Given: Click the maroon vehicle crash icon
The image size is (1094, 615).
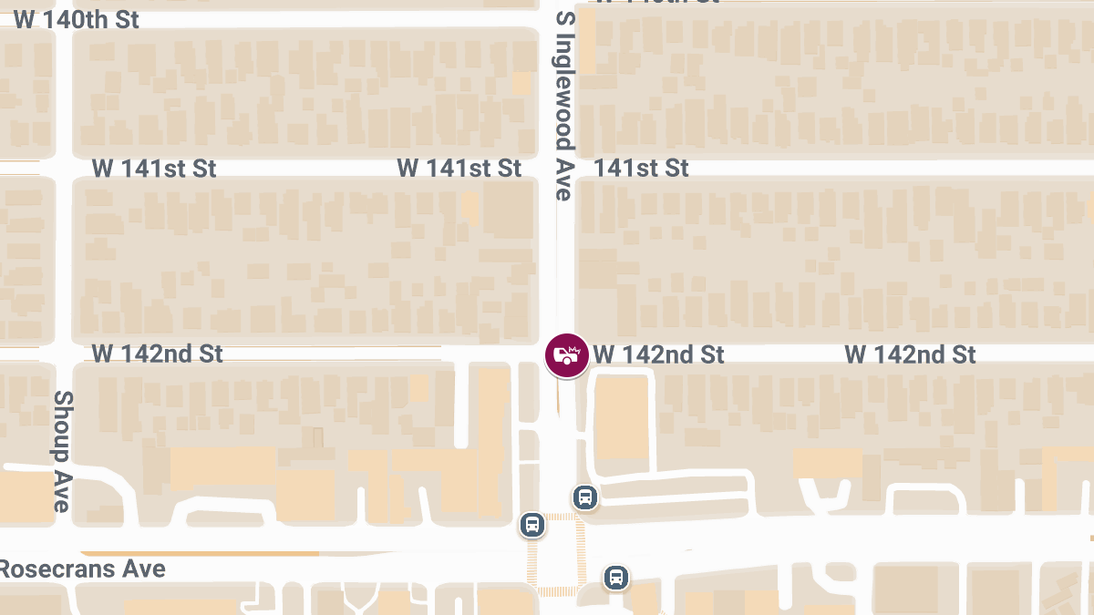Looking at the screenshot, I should coord(567,355).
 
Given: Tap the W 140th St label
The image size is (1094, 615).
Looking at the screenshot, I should coord(77,20).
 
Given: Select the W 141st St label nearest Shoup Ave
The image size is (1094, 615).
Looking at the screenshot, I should coord(154,169).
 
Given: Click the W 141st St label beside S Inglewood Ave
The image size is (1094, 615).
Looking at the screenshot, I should coord(459,169).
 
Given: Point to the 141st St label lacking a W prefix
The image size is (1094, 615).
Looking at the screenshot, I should coord(642,169).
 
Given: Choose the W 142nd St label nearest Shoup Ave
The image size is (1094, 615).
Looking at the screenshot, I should coord(158,354).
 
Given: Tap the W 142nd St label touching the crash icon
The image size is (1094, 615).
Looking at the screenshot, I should coord(659,354).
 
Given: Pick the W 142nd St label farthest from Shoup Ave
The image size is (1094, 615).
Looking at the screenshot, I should coord(910,354).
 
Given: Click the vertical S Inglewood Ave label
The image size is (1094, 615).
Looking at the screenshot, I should coord(565,106).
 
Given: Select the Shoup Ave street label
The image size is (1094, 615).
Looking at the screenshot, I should coord(62,451).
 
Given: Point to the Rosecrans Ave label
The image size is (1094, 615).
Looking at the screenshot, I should coord(82,569).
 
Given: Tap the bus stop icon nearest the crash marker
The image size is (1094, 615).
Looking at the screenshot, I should coord(585,497).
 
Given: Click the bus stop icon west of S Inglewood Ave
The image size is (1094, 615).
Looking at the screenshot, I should coord(533,525).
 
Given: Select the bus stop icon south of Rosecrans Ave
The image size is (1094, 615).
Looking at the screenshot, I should coord(616,577).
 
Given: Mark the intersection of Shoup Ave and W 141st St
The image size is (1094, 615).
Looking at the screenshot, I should coord(63,168).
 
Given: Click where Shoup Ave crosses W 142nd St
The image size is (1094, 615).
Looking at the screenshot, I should coord(63,353).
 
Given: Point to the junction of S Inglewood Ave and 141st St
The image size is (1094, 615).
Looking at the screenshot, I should coord(565,169).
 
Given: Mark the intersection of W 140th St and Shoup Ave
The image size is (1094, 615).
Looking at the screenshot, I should coord(63,19).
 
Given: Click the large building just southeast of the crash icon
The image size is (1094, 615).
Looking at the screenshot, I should coord(622,416).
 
